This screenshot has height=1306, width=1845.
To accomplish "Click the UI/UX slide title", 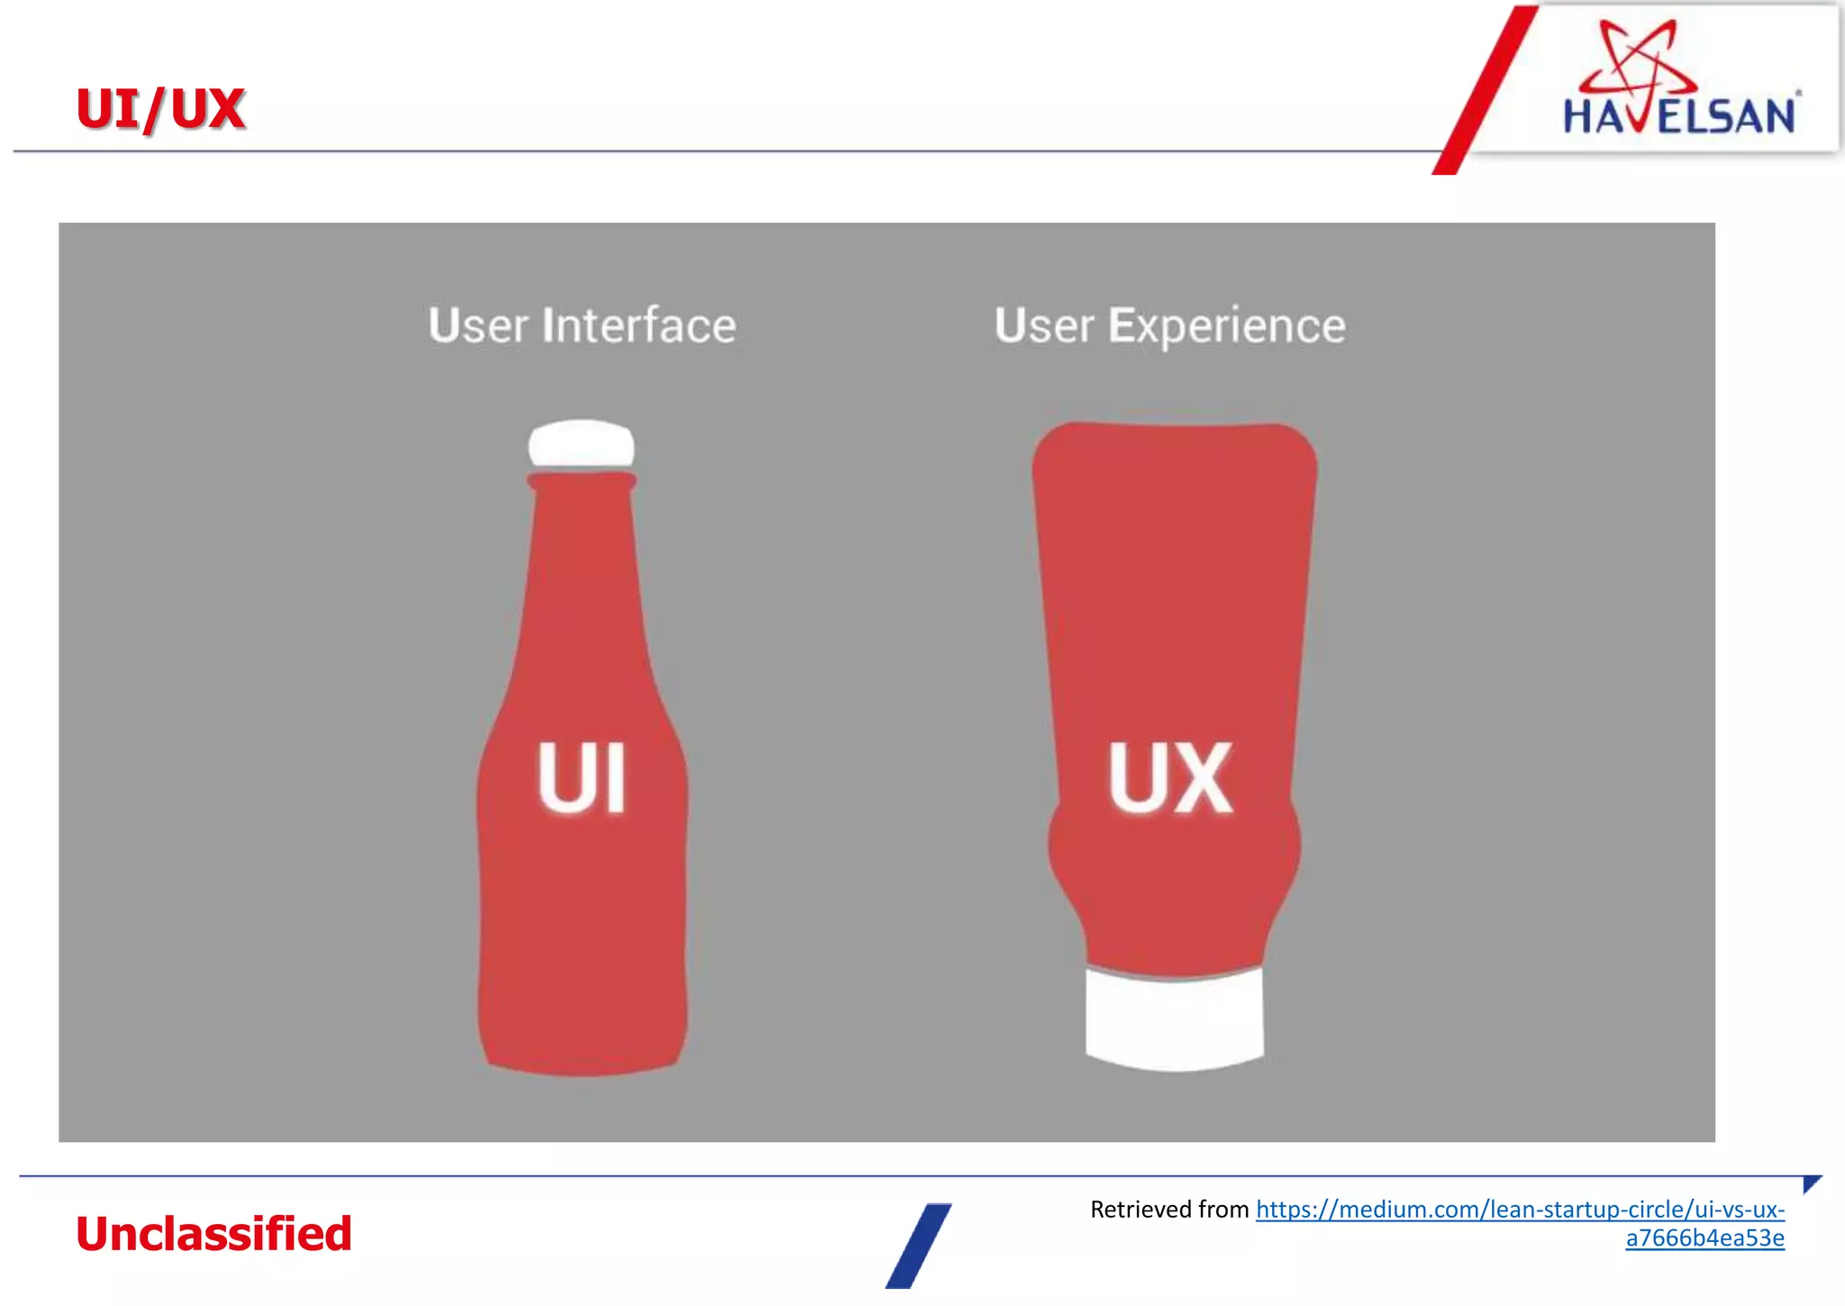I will tap(160, 109).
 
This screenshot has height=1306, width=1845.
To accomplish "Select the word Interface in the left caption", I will tap(639, 325).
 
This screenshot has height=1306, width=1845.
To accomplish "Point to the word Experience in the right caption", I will tap(1226, 325).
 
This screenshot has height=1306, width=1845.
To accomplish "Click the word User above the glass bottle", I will tap(477, 325).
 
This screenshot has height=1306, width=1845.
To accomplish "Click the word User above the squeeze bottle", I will tap(1043, 325).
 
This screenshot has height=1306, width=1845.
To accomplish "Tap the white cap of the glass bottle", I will tap(581, 443).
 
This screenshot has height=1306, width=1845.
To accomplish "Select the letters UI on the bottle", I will tap(581, 778).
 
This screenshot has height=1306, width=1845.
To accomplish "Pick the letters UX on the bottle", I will tap(1169, 778).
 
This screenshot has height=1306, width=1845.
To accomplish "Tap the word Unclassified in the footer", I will tap(214, 1234).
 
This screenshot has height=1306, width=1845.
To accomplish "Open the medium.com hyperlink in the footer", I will tap(1520, 1209).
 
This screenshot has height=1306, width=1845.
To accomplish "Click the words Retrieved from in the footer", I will tap(1168, 1209).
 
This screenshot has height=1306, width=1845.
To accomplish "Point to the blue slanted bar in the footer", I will tap(918, 1246).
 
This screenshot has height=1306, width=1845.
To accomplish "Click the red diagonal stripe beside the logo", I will tap(1485, 90).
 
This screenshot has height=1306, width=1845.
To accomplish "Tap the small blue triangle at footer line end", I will tap(1811, 1183).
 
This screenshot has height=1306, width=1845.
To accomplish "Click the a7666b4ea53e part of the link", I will tap(1704, 1238).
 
